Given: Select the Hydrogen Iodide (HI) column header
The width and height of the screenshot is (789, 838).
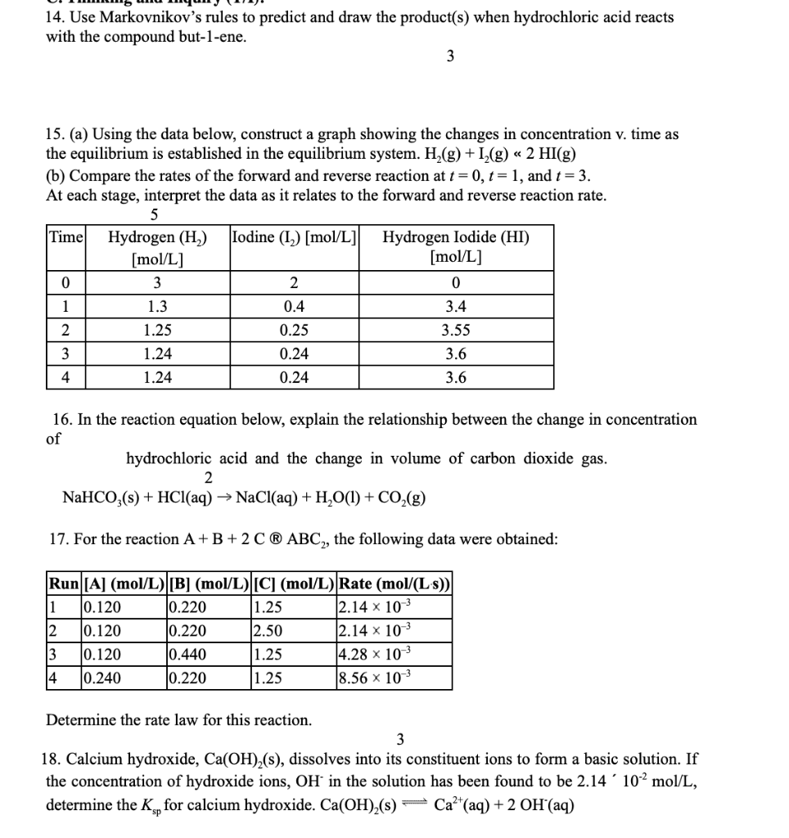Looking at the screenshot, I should [455, 247].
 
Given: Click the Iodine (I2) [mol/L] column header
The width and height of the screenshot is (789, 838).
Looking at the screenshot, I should [295, 238].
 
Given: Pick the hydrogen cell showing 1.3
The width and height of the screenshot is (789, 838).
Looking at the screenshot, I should [156, 307].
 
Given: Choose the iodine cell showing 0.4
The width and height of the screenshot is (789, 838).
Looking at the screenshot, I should [295, 307].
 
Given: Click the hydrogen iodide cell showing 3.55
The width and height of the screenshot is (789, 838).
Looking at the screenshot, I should [455, 331].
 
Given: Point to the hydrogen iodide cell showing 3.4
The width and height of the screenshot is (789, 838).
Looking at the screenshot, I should [455, 307].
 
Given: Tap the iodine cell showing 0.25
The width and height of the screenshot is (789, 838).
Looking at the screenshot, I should [295, 331].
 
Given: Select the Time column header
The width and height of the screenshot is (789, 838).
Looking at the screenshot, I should [65, 238].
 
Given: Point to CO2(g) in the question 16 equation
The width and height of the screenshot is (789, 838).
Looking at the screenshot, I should [402, 498].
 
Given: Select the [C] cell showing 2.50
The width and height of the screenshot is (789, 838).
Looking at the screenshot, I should [269, 631].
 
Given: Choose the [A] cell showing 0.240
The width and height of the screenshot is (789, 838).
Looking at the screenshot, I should [102, 678].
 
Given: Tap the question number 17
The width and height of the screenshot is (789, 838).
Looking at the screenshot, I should [57, 539].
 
